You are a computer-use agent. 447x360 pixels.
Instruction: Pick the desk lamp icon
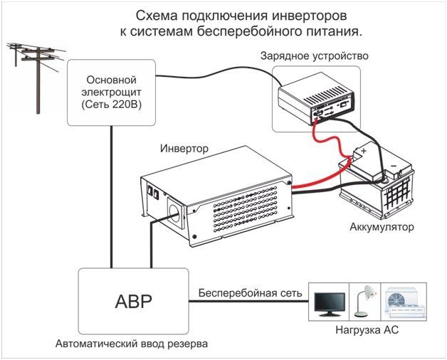pos(364,302)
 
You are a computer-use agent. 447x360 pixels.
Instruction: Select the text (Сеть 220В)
pos(110,105)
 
